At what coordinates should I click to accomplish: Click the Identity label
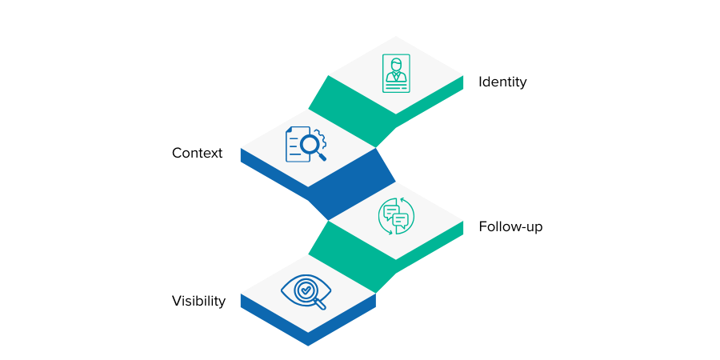pyautogui.click(x=502, y=81)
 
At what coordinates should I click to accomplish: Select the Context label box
pyautogui.click(x=197, y=152)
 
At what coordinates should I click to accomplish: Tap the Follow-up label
pyautogui.click(x=510, y=226)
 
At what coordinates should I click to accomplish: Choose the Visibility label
pyautogui.click(x=198, y=301)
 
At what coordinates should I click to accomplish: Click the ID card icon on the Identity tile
pyautogui.click(x=396, y=73)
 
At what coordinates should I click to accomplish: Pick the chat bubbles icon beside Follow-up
pyautogui.click(x=396, y=216)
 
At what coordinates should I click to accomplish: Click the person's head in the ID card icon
pyautogui.click(x=396, y=64)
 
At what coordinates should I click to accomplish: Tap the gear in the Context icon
pyautogui.click(x=318, y=137)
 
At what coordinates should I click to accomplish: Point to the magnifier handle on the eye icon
pyautogui.click(x=321, y=304)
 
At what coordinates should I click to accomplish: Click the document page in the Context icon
pyautogui.click(x=295, y=142)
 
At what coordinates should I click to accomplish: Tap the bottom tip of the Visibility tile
pyautogui.click(x=308, y=345)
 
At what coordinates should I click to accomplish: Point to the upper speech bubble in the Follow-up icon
pyautogui.click(x=391, y=211)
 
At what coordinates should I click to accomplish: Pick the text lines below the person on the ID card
pyautogui.click(x=396, y=86)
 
